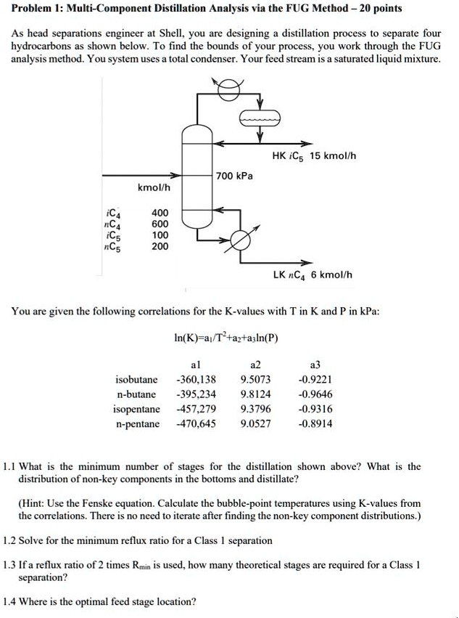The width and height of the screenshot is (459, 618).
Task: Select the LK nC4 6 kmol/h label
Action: coord(313,275)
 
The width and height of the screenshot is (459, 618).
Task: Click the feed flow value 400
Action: coord(160,213)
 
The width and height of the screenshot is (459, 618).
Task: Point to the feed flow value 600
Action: coord(160,224)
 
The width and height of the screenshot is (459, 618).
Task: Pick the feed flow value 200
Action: coord(160,246)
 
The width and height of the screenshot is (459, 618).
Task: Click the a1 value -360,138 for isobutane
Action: coord(196,379)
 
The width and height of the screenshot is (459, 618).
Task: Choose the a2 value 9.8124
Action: coord(255,394)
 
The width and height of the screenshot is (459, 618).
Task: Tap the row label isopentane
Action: coord(137,409)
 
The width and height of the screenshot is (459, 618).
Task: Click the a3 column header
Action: coord(315,364)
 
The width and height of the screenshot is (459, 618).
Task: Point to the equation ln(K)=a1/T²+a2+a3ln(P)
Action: coord(227,338)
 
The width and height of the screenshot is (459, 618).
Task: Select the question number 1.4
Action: coord(10,601)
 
